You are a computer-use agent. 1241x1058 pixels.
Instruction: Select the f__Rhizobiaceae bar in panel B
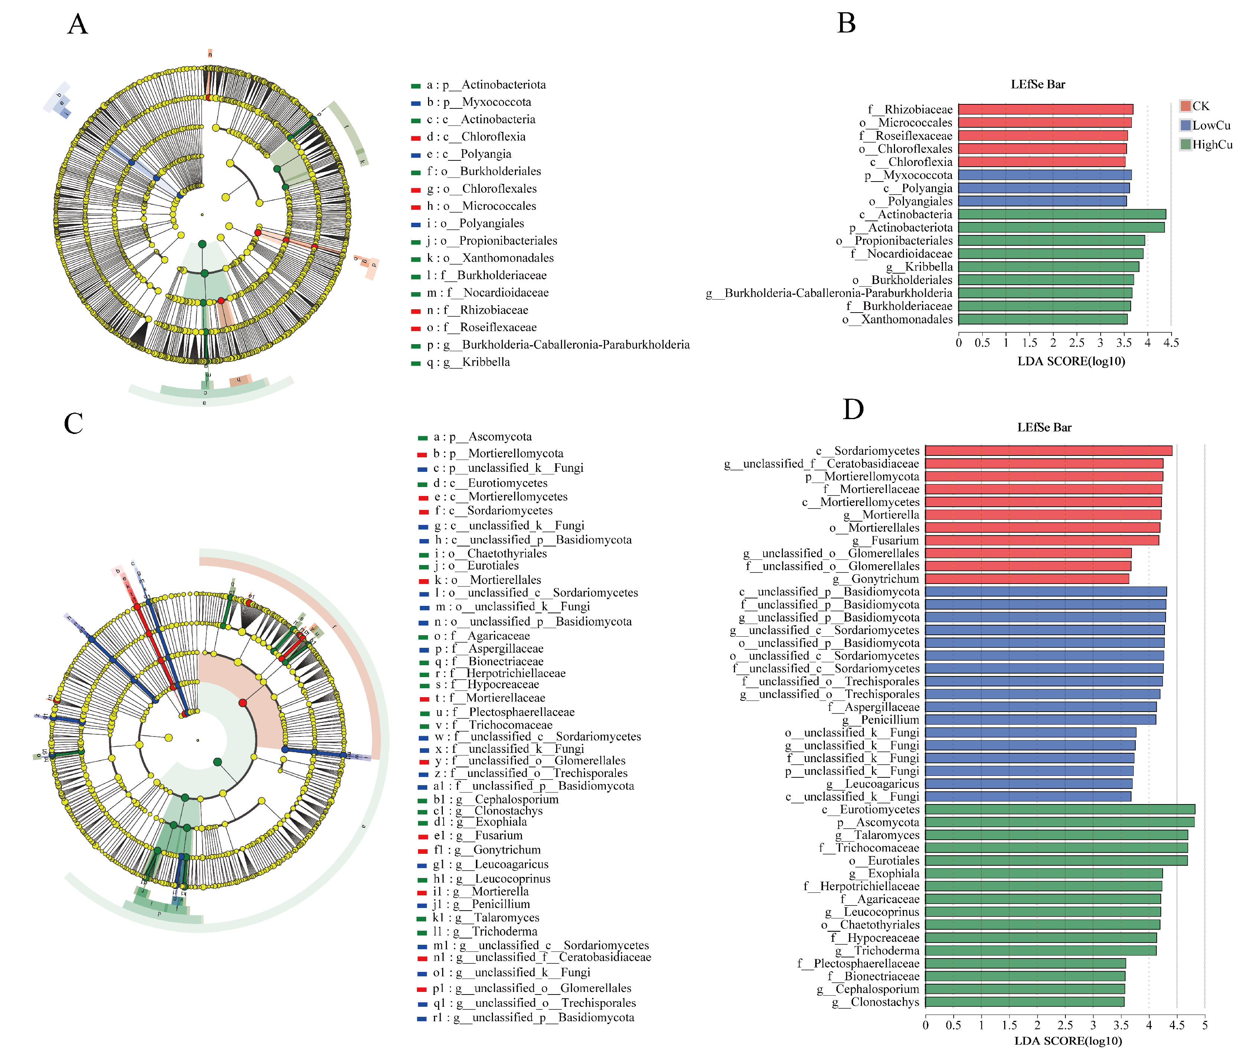pyautogui.click(x=1045, y=109)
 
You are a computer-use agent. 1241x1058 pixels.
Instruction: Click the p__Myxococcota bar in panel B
pyautogui.click(x=1045, y=175)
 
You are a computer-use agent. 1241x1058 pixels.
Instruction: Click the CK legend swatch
pyautogui.click(x=1185, y=106)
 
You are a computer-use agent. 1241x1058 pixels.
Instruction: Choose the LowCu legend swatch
pyautogui.click(x=1185, y=125)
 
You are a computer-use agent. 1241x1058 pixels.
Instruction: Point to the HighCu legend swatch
pyautogui.click(x=1185, y=144)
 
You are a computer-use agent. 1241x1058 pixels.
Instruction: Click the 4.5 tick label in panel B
pyautogui.click(x=1170, y=343)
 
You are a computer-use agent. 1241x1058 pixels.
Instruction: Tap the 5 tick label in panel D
pyautogui.click(x=1205, y=1025)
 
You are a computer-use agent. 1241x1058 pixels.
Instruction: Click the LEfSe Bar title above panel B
pyautogui.click(x=1038, y=85)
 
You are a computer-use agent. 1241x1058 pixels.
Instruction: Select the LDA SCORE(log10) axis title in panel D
pyautogui.click(x=1068, y=1041)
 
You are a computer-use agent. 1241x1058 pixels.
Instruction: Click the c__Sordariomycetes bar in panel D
pyautogui.click(x=1048, y=451)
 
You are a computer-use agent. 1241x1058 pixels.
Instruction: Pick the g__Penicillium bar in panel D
pyautogui.click(x=1041, y=719)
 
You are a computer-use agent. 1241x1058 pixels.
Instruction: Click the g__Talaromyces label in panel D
pyautogui.click(x=878, y=835)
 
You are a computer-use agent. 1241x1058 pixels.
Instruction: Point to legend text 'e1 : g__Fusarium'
pyautogui.click(x=478, y=835)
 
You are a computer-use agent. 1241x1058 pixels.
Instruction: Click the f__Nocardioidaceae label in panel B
pyautogui.click(x=901, y=254)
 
